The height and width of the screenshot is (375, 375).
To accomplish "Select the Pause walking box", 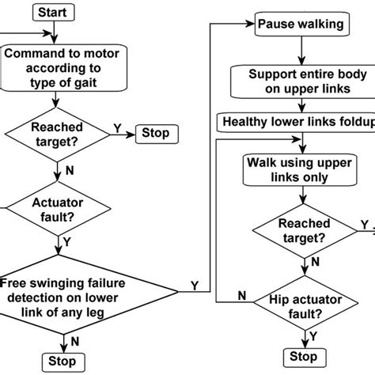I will pyautogui.click(x=301, y=24).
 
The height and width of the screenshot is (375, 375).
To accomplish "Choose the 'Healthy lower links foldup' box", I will pyautogui.click(x=294, y=121).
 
